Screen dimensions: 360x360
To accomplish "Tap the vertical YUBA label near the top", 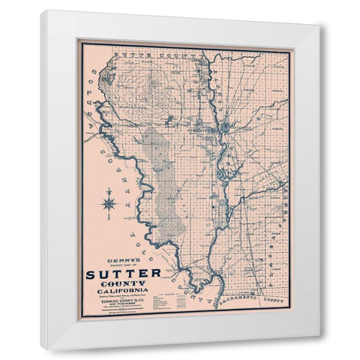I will tap(205, 75).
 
